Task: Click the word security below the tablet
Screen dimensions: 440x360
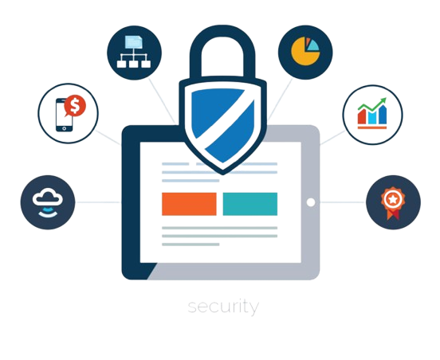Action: (x=223, y=307)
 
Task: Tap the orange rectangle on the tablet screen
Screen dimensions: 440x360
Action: (x=189, y=204)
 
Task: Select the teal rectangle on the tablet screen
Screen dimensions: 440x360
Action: (x=250, y=204)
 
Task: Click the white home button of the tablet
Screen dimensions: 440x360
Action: (x=311, y=202)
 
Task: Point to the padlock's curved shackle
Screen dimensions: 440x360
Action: (x=222, y=31)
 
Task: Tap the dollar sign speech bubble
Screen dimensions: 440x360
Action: (x=75, y=106)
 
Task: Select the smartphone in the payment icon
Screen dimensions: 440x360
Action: (x=64, y=115)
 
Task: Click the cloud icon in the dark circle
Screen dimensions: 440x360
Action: (x=48, y=196)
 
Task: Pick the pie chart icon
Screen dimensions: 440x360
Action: (x=305, y=51)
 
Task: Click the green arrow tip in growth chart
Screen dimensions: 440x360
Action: (x=385, y=99)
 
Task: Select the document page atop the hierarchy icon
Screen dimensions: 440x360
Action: (x=134, y=42)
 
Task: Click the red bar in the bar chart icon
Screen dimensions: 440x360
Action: (x=362, y=116)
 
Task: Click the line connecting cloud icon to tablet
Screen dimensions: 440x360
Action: (x=98, y=202)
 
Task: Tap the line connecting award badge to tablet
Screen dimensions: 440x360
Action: (x=343, y=202)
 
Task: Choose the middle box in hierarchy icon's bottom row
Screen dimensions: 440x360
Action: (x=134, y=64)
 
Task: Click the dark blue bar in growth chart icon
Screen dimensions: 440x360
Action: (x=383, y=115)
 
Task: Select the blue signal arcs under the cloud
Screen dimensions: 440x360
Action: (x=48, y=212)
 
